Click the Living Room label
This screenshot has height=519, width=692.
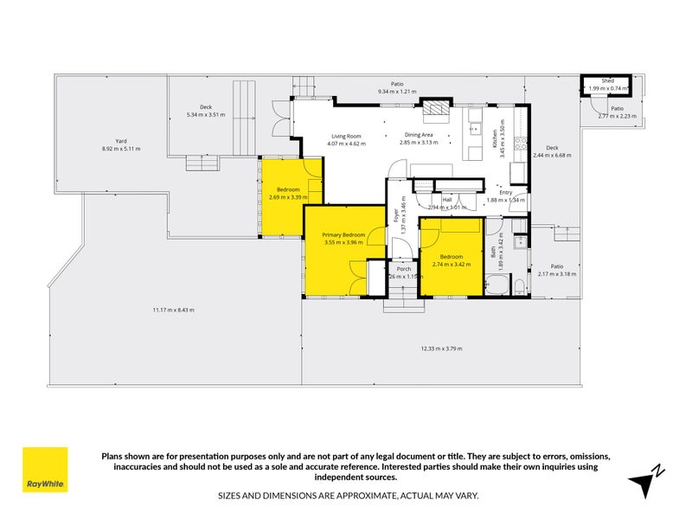345,136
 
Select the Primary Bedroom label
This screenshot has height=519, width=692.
343,234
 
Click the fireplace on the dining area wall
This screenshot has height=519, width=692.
436,107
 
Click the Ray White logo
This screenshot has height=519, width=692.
45,470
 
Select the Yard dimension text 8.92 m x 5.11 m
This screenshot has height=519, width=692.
121,149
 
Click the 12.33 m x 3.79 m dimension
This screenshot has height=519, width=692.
441,349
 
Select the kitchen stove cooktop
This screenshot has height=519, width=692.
519,144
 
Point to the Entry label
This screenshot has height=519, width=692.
506,192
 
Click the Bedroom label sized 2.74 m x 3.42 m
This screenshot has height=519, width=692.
451,257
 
